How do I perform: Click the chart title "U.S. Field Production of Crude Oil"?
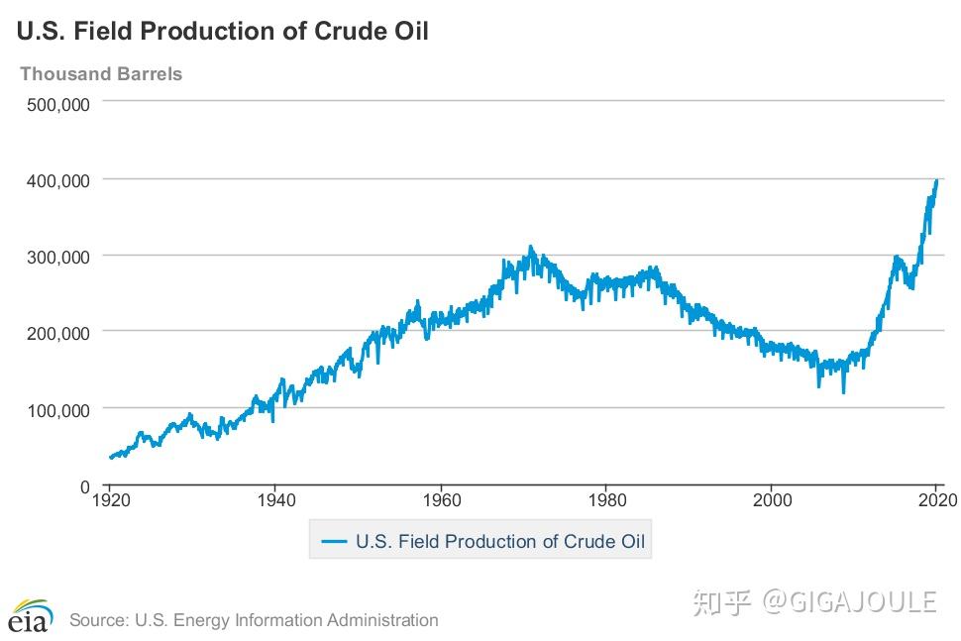click(222, 31)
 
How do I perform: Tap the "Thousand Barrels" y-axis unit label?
click(101, 74)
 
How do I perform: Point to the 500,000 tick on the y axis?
click(58, 103)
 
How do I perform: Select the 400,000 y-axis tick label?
click(58, 180)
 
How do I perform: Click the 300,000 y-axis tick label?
click(58, 257)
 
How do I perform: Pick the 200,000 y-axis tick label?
click(58, 333)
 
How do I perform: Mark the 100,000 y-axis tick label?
click(58, 409)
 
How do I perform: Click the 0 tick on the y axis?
click(86, 485)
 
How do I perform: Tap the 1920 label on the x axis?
click(110, 499)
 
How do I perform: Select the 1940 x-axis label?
click(275, 499)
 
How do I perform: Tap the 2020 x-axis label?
click(935, 499)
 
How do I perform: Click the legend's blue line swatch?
click(334, 541)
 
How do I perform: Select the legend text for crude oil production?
click(499, 541)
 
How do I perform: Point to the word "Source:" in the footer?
click(97, 620)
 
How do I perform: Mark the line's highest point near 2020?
click(937, 180)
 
